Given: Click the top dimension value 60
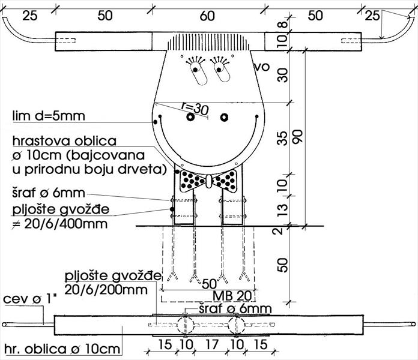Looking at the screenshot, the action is [x=207, y=16].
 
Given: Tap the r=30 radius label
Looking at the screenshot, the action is [x=195, y=109].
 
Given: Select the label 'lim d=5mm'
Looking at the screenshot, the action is [x=49, y=116].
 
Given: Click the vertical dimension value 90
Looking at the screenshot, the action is [x=298, y=137].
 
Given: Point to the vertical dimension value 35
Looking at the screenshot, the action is [x=283, y=138].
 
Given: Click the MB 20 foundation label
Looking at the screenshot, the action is [x=232, y=296].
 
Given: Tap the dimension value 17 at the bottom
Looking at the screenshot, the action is [x=212, y=344].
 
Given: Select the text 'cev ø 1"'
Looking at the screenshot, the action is [x=30, y=299].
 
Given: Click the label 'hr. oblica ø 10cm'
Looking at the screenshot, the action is [x=62, y=349].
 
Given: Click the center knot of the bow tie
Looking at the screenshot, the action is [x=209, y=181].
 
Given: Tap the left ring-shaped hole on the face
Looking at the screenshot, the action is [x=190, y=117].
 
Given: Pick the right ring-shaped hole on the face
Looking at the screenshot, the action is [x=224, y=117].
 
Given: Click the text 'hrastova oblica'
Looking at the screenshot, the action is [x=64, y=141].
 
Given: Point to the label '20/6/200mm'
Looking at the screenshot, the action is [x=106, y=290].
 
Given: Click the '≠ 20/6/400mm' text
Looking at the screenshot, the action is [x=60, y=224].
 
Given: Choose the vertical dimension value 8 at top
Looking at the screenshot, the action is [x=283, y=25].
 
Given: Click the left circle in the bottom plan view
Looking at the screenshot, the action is [x=186, y=325].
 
